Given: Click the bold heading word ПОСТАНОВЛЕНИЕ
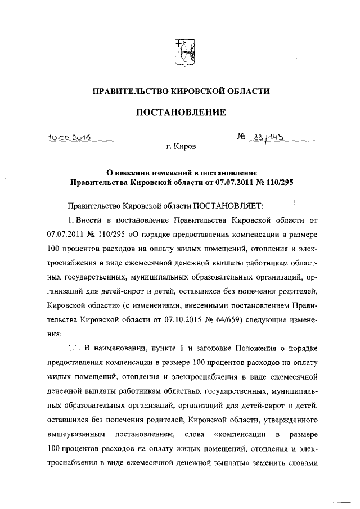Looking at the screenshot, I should [181, 113].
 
